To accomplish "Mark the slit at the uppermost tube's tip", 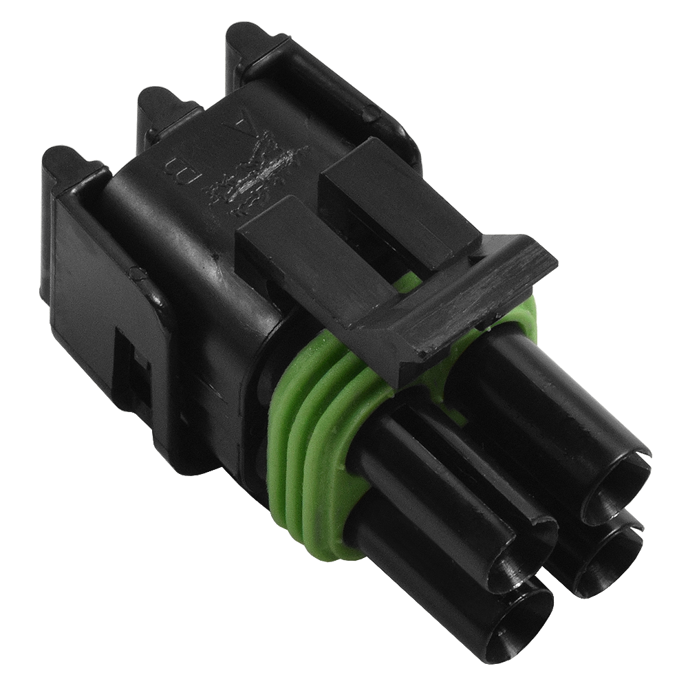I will click(x=643, y=458).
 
